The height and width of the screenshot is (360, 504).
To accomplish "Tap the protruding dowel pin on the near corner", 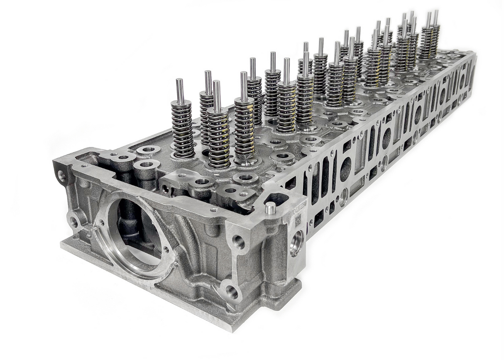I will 270,208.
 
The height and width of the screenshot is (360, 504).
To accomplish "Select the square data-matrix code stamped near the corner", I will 298,221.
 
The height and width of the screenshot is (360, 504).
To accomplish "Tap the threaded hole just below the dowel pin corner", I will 240,241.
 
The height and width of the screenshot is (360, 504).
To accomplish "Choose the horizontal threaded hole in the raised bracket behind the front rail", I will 166,189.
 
